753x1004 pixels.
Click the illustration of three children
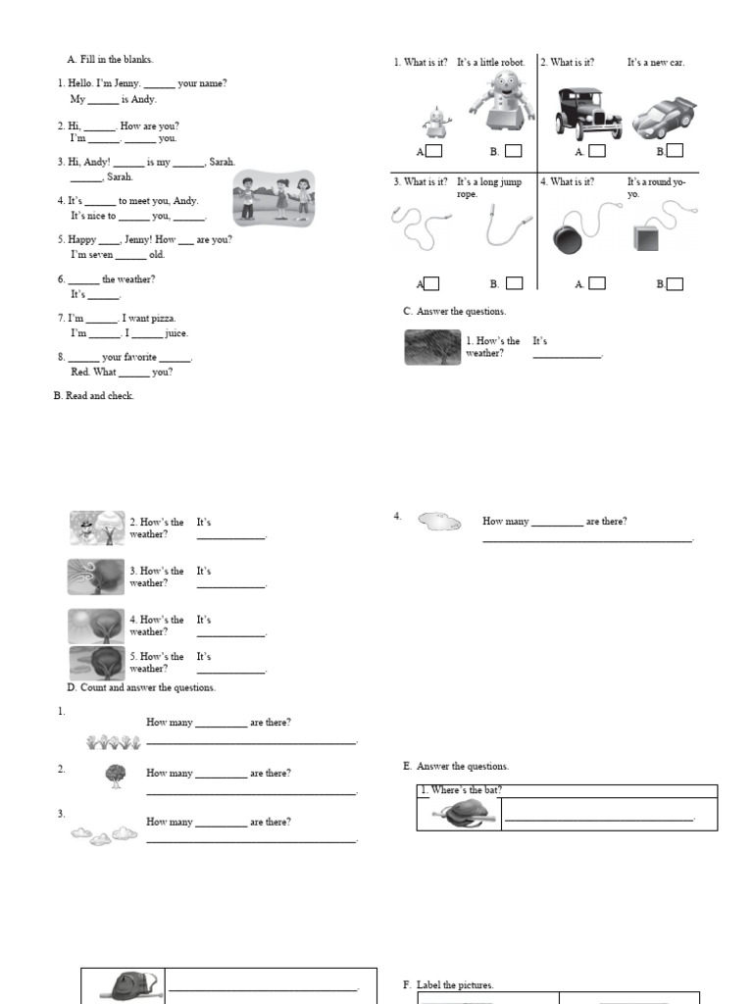[274, 198]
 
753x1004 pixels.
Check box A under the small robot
[433, 151]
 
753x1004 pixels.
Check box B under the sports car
[675, 151]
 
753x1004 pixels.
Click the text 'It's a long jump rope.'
[489, 187]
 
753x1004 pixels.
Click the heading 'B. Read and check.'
[94, 396]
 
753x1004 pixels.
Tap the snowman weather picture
[97, 528]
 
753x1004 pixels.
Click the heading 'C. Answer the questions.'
[455, 312]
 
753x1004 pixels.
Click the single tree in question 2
[116, 776]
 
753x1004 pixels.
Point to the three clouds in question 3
[103, 834]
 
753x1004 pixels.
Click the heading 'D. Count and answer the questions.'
[141, 687]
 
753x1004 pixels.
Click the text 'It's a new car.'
[656, 63]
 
